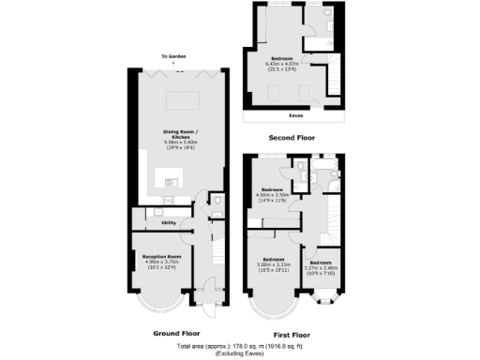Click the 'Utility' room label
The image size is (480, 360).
click(x=143, y=222)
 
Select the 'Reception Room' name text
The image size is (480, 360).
click(x=161, y=256)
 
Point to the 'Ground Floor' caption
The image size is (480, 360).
click(x=176, y=333)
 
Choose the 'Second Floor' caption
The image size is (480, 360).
click(x=290, y=138)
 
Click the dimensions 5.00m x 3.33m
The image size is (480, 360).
click(x=276, y=263)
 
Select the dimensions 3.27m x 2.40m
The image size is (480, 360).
click(x=322, y=267)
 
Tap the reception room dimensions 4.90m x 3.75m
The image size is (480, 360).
click(x=161, y=262)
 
